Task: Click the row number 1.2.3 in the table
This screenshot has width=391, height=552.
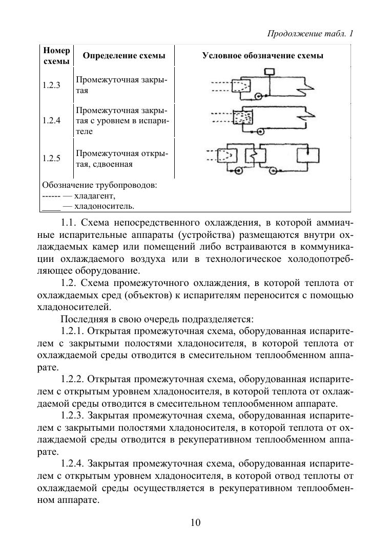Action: pyautogui.click(x=51, y=85)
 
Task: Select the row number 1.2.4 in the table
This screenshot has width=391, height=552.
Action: pyautogui.click(x=51, y=121)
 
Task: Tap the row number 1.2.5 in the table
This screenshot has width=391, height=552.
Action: pyautogui.click(x=51, y=159)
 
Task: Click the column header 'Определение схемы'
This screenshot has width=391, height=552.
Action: pyautogui.click(x=124, y=56)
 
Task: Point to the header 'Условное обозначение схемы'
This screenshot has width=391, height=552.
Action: pyautogui.click(x=262, y=56)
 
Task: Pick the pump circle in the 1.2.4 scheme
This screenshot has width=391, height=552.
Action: pyautogui.click(x=260, y=131)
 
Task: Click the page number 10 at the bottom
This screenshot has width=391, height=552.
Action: pyautogui.click(x=195, y=522)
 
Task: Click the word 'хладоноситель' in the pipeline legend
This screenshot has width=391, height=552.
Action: pyautogui.click(x=105, y=207)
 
